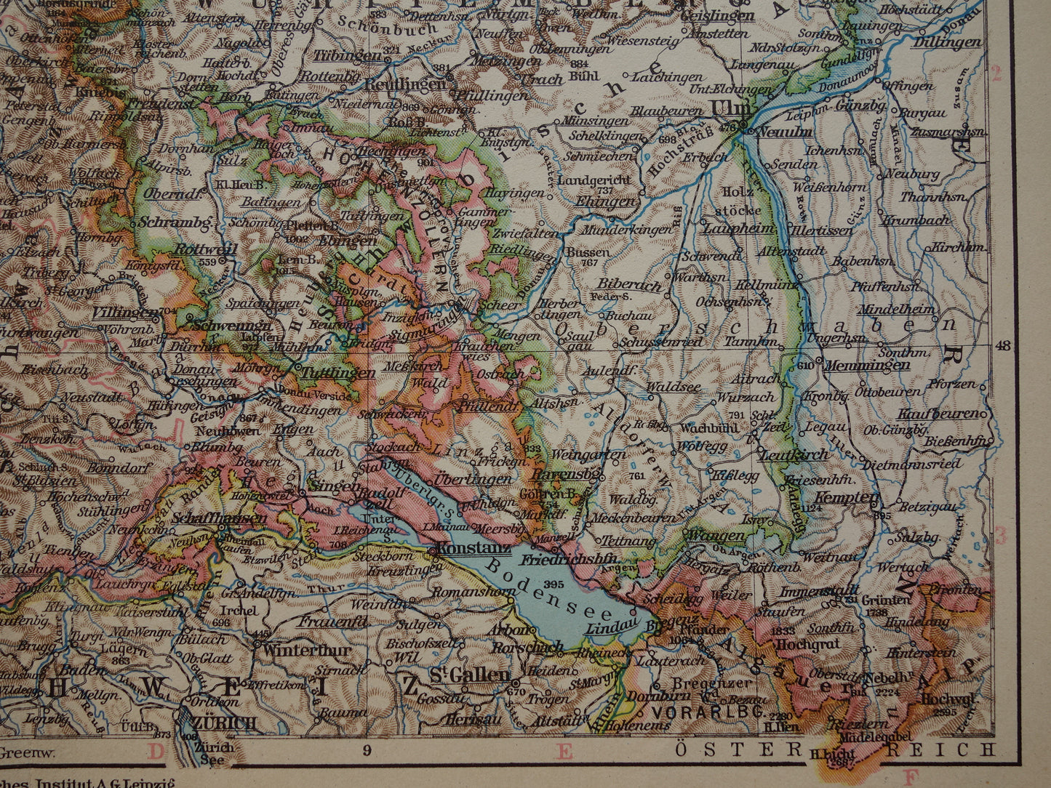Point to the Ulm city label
722,108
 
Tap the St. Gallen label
468,675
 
